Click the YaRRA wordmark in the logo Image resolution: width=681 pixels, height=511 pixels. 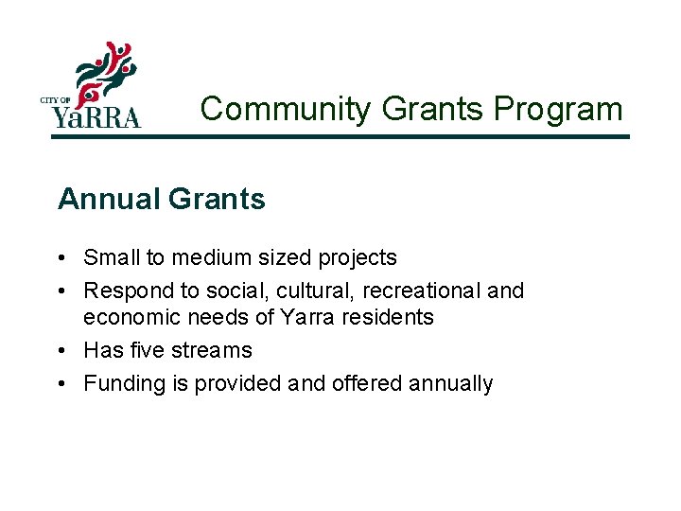click(96, 116)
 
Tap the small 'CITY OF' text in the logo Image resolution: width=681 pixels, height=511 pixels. click(56, 100)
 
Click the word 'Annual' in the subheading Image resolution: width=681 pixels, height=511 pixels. click(107, 200)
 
